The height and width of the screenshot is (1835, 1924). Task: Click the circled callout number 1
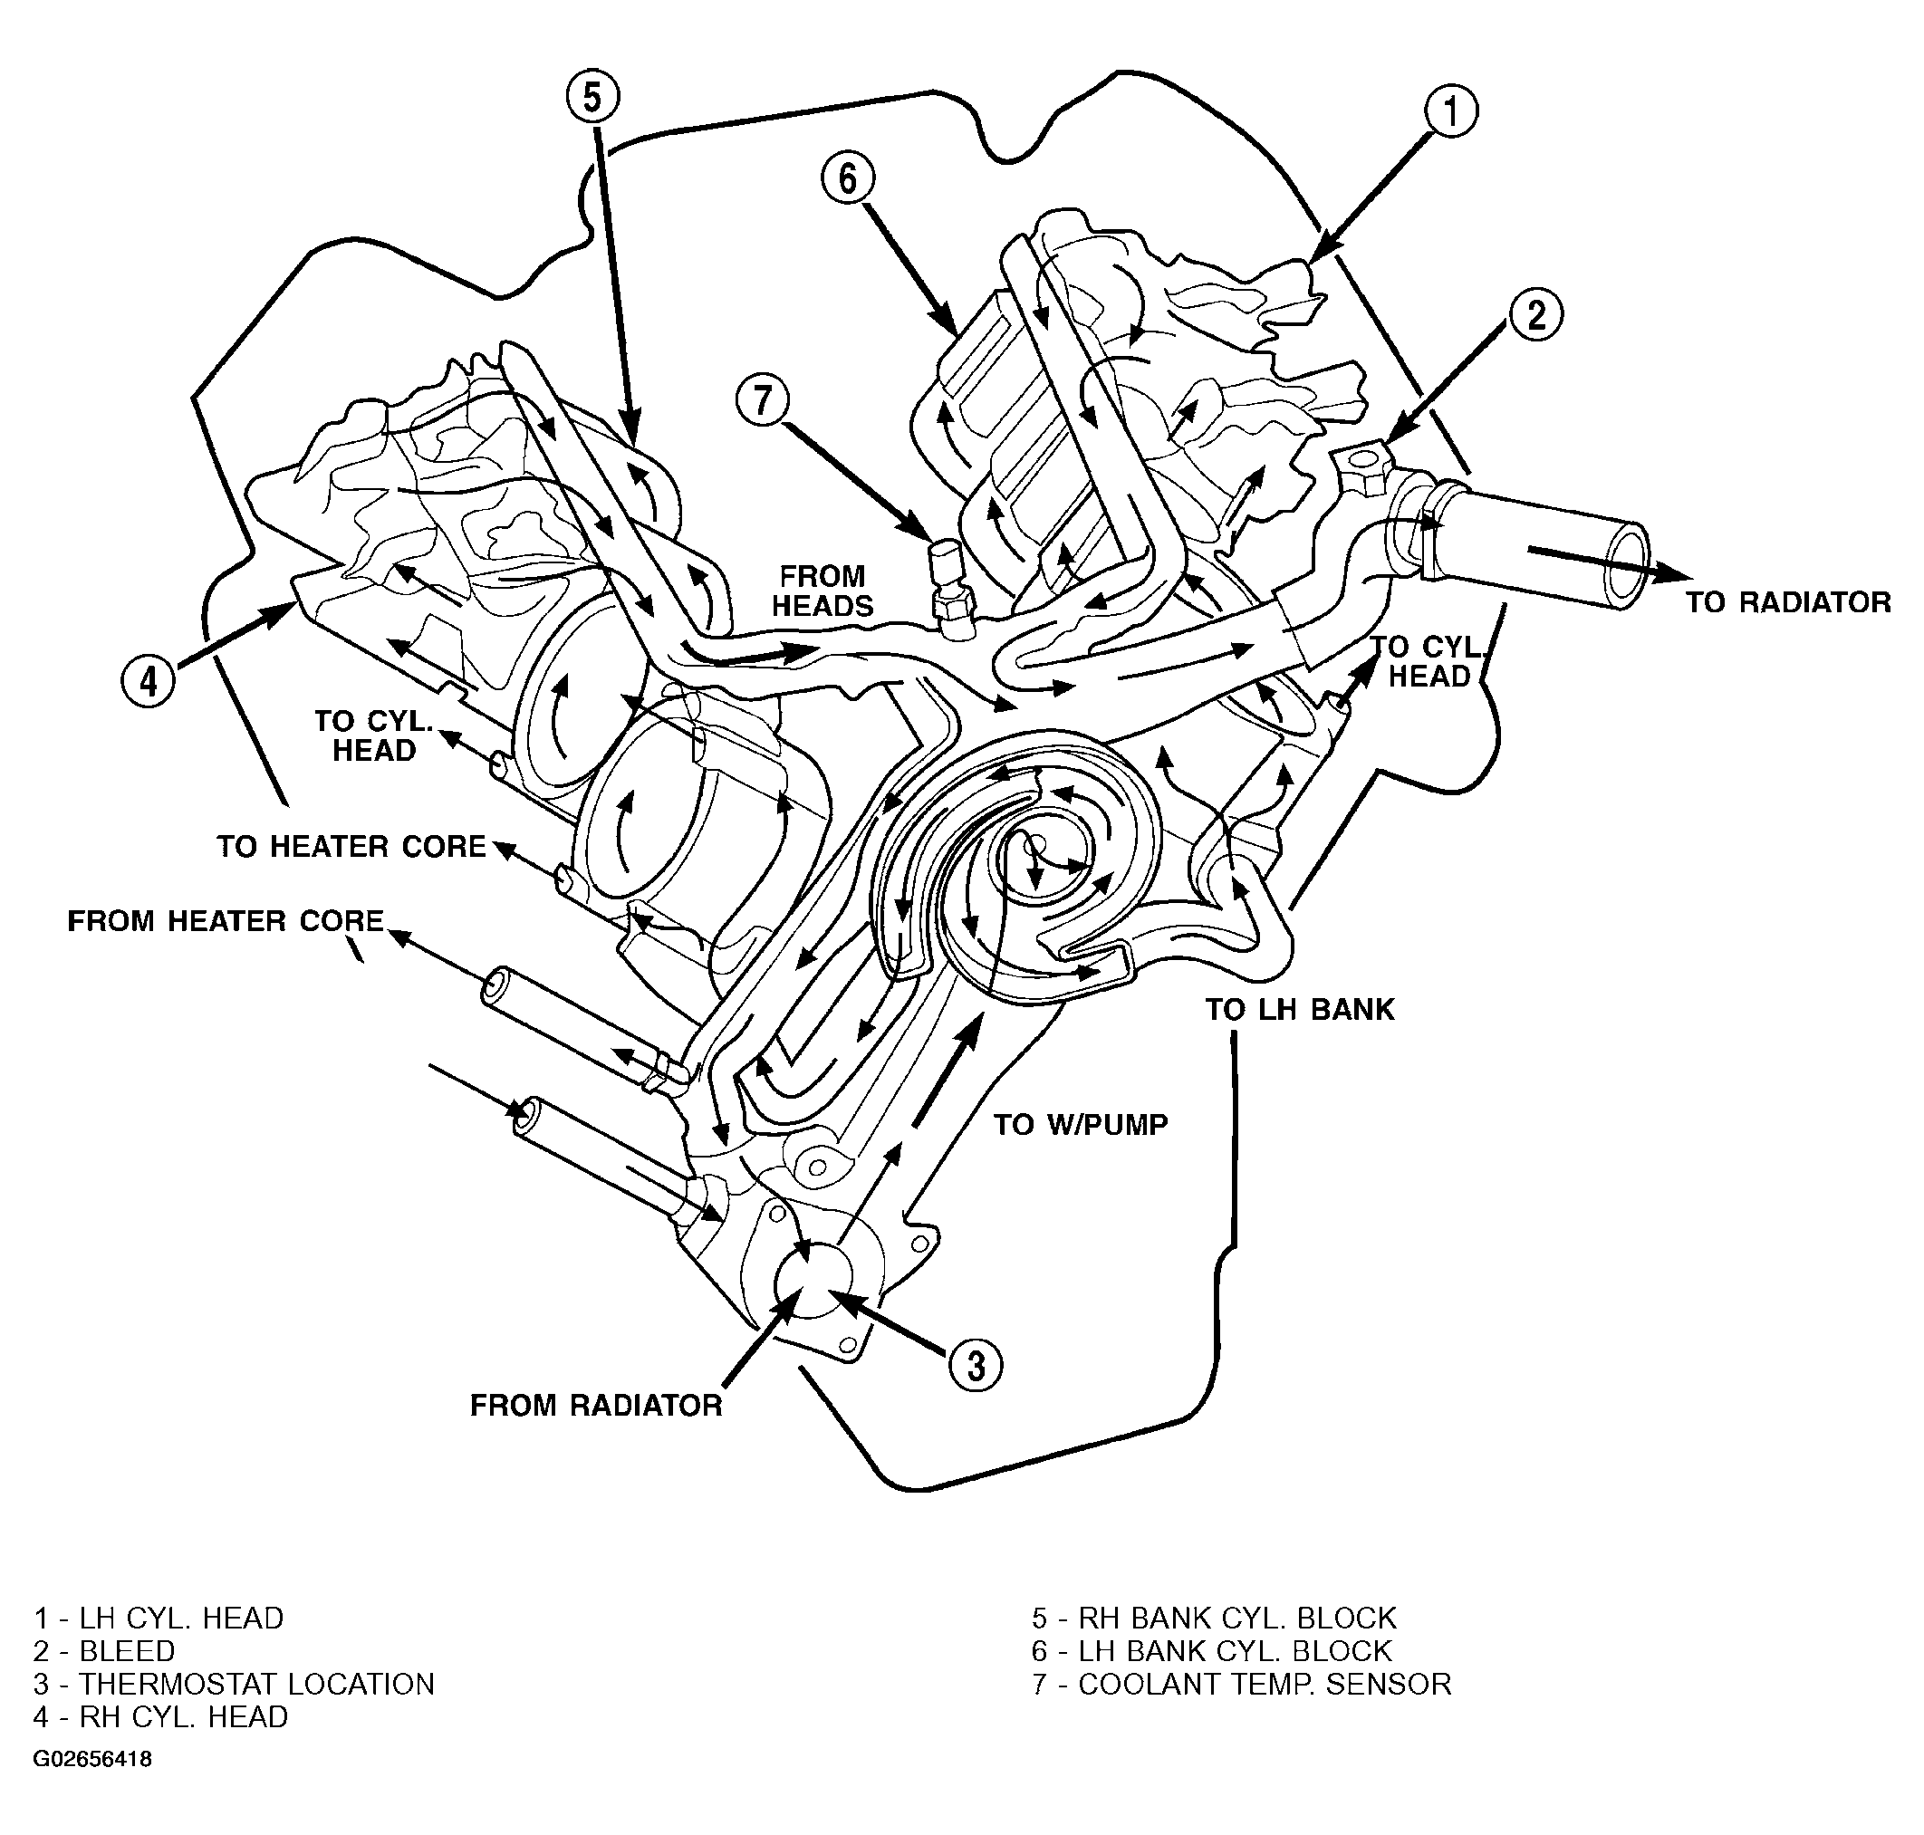tap(1450, 113)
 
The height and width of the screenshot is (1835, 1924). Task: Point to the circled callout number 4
tap(149, 680)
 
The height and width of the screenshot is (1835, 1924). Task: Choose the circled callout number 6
tap(847, 179)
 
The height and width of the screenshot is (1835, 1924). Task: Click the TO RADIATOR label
tap(1788, 601)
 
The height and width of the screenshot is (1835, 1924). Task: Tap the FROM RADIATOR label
tap(596, 1406)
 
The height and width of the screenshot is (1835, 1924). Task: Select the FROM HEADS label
tap(823, 591)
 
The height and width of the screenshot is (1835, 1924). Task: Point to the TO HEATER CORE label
tap(351, 846)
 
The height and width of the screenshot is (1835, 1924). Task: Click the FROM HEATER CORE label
tap(226, 920)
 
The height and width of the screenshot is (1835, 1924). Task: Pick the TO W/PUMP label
tap(1081, 1125)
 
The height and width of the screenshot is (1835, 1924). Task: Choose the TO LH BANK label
tap(1299, 1010)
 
